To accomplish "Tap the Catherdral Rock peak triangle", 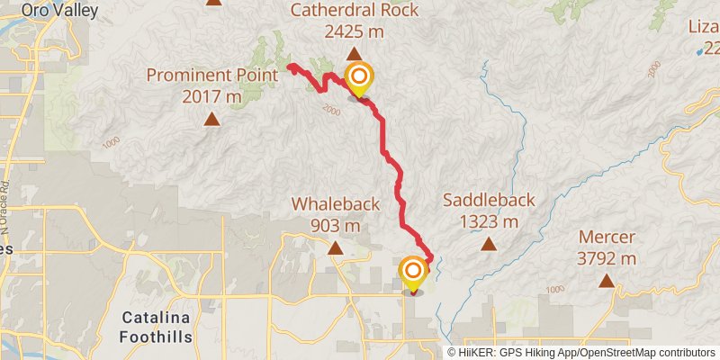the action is pos(354,54).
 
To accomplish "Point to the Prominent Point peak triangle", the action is pos(211,118).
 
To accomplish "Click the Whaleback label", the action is pos(335,204).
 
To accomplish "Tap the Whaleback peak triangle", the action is pos(335,247).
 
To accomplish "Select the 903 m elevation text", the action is pos(335,225).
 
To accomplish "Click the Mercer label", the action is pos(607,238).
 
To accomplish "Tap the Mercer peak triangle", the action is pos(607,281).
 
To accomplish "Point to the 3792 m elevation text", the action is pos(607,259).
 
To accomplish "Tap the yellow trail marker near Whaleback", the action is pos(413,273).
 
